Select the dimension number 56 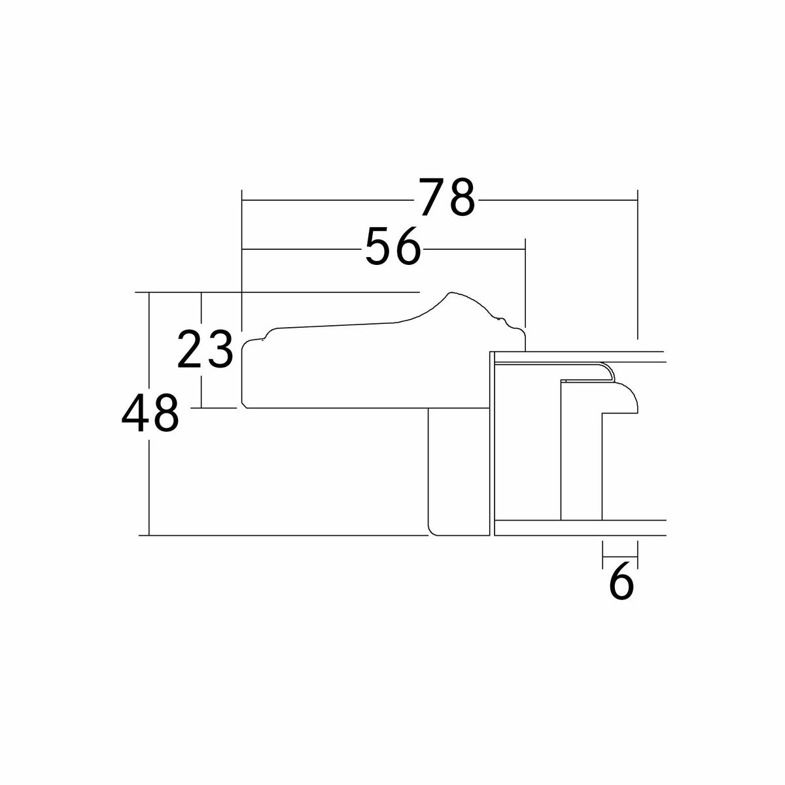coord(392,246)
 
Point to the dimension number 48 coord(150,413)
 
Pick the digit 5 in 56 coord(379,246)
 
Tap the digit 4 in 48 coord(135,413)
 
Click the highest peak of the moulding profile coord(451,292)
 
